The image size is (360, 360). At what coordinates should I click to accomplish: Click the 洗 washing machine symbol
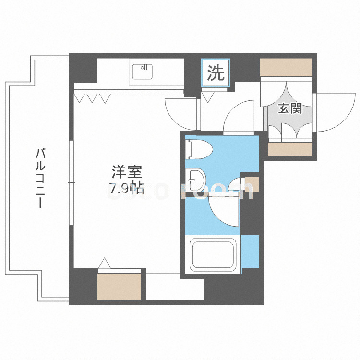tap(216, 73)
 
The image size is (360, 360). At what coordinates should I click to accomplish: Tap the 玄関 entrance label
tap(290, 109)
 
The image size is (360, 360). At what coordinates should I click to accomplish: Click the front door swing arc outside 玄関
tap(331, 111)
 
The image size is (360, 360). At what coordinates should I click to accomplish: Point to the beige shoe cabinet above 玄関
tap(286, 67)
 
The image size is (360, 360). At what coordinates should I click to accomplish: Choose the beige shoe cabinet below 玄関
tap(289, 149)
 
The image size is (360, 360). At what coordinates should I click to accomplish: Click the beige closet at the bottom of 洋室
tap(120, 286)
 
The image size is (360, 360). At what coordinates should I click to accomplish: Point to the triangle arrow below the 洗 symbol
tap(208, 98)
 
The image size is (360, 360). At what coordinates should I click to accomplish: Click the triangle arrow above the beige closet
tap(105, 263)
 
